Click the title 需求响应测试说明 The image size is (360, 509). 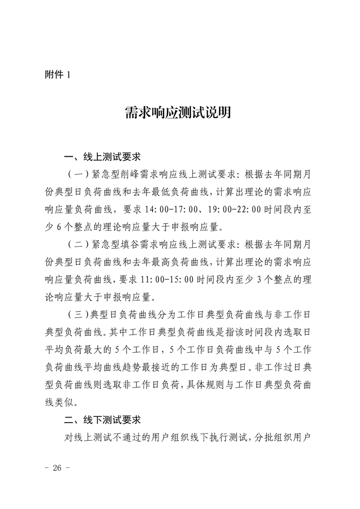178,112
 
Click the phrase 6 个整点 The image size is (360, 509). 80,227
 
